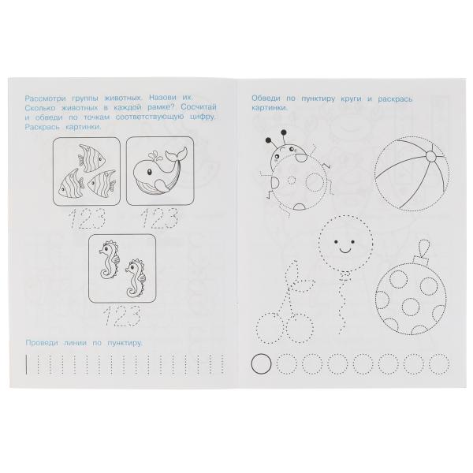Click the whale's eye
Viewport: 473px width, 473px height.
coord(149,172)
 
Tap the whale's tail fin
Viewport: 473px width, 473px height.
coord(176,154)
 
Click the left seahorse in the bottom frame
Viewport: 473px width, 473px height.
coord(109,259)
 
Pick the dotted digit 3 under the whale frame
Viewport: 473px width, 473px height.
coord(169,218)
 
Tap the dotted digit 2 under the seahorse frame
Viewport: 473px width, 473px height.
coord(118,316)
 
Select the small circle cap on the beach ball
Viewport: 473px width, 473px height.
coord(430,156)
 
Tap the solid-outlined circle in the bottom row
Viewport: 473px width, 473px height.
coord(261,364)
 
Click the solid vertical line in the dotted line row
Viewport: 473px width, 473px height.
coord(26,365)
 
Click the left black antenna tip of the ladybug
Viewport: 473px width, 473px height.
coord(268,140)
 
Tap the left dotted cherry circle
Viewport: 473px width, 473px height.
coord(269,328)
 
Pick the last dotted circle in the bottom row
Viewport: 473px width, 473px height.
coord(439,364)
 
